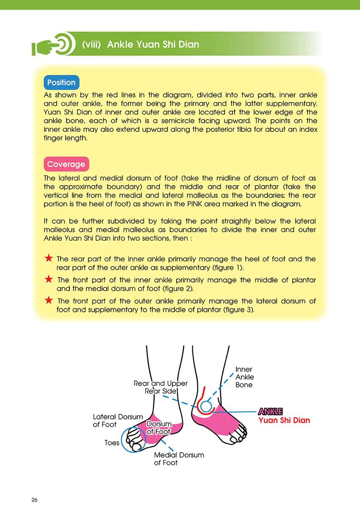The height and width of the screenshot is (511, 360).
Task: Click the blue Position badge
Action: (61, 83)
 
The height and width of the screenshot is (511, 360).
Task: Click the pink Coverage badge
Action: (66, 164)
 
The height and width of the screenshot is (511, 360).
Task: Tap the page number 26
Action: (34, 500)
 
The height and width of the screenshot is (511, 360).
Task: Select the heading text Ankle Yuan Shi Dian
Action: (153, 44)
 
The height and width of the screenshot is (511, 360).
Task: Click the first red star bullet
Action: (49, 258)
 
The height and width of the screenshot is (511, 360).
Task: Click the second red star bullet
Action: (49, 280)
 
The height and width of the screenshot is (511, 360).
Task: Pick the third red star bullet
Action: (49, 300)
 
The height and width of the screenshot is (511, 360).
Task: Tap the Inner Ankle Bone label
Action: (244, 377)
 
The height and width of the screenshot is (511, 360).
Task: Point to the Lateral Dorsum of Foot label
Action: (118, 421)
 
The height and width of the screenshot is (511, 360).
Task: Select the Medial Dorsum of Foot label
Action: (179, 459)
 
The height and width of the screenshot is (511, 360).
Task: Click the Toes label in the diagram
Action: (112, 443)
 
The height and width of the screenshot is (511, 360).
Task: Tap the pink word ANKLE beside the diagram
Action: (270, 411)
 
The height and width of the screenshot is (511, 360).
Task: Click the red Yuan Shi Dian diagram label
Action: (284, 421)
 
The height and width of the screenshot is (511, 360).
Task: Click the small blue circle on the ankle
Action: (206, 407)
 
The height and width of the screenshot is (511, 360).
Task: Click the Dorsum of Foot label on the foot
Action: (159, 428)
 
